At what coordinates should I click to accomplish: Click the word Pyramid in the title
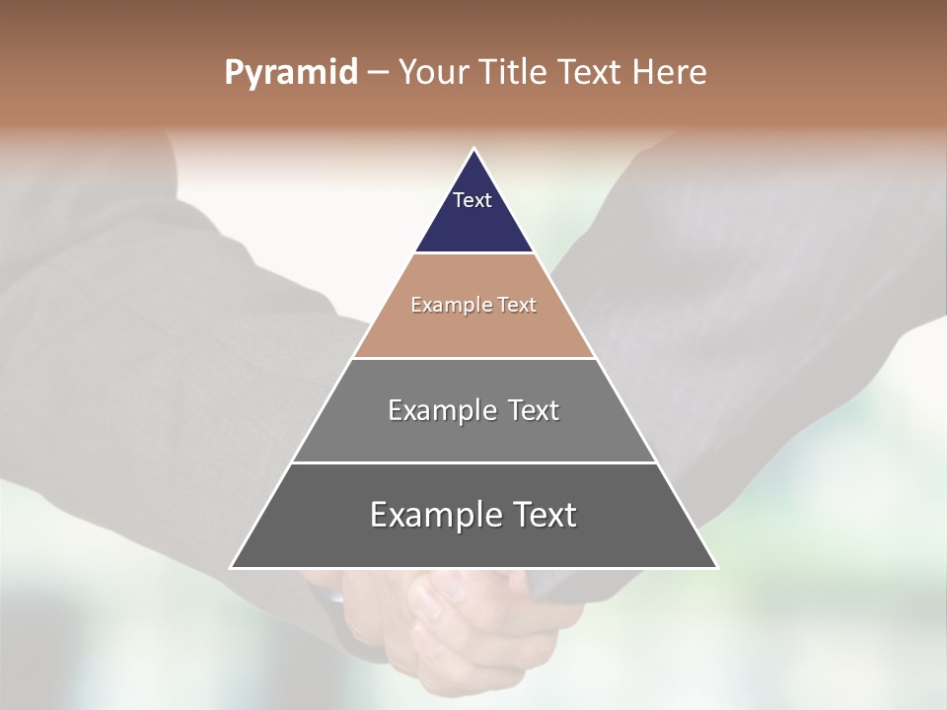(290, 73)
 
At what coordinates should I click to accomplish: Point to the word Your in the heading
(434, 73)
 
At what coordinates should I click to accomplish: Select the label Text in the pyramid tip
(473, 200)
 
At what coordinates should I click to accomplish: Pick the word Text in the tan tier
(517, 306)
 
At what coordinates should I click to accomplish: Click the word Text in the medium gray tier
(534, 410)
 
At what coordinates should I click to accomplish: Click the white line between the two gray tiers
(473, 462)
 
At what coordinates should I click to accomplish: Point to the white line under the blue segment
(473, 252)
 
